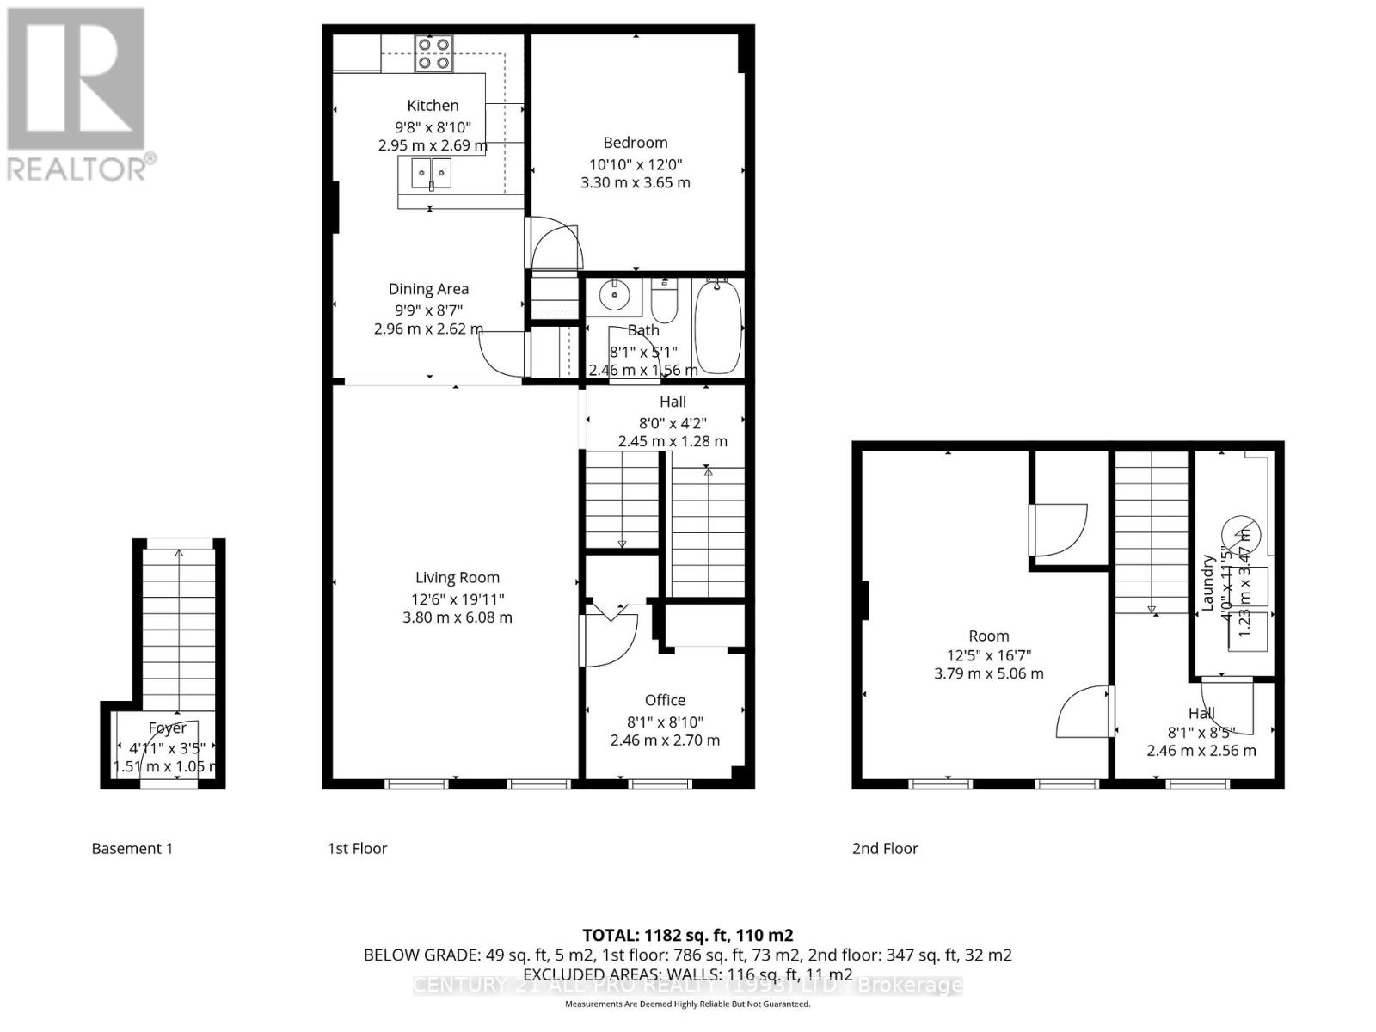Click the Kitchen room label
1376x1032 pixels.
coord(433,105)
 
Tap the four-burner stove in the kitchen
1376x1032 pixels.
coord(433,53)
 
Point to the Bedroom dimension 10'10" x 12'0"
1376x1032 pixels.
coord(635,164)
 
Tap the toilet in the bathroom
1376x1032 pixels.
coord(665,301)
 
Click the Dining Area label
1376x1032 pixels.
coord(428,289)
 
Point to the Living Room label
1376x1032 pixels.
coord(457,578)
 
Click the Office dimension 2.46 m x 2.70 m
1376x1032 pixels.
coord(665,740)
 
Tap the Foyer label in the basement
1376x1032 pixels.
coord(167,728)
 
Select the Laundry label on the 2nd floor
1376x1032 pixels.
coord(1207,583)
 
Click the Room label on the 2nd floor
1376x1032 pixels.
coord(988,636)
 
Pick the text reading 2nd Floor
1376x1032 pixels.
coord(885,849)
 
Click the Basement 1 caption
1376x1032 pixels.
coord(132,849)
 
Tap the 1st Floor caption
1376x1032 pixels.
coord(357,849)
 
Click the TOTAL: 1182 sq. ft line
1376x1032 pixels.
coord(687,935)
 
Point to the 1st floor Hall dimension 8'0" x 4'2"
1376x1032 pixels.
coord(673,422)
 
